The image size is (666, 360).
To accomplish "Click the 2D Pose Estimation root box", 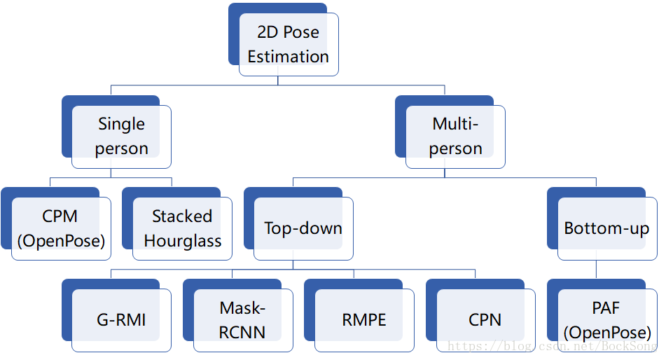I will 288,44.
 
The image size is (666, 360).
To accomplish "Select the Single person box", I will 122,137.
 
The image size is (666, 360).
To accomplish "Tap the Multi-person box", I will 455,137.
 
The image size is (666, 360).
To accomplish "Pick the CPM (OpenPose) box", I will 61,229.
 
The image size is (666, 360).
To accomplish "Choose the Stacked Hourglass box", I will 183,229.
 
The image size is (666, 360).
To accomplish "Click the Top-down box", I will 303,228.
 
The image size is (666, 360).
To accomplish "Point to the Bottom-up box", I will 606,228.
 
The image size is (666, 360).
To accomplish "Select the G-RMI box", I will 122,320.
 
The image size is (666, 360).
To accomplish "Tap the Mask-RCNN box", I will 242,320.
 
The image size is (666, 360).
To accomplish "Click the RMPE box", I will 364,320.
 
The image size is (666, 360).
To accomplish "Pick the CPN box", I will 485,320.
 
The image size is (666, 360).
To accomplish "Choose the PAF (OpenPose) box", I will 606,320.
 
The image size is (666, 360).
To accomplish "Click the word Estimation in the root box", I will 288,57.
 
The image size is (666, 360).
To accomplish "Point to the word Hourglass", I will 183,242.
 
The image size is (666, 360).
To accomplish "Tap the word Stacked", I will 182,216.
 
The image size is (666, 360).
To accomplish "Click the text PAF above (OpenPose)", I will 606,308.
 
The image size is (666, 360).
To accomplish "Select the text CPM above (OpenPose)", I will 61,216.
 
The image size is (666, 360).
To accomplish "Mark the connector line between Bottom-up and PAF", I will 596,270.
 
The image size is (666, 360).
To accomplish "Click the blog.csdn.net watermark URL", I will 553,347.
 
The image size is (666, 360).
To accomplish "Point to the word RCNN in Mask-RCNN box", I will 242,332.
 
